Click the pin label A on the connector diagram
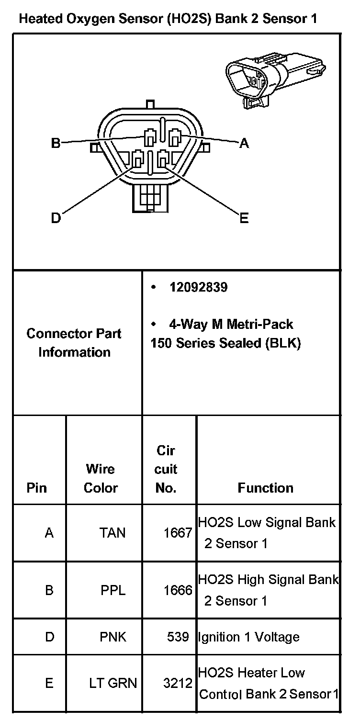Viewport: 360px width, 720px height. coord(244,143)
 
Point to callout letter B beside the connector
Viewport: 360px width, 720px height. coord(56,143)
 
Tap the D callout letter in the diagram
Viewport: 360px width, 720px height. coord(56,218)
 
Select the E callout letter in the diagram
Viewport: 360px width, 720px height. coord(244,218)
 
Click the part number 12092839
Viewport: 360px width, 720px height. coord(198,287)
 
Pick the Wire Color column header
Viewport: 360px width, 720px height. coord(101,478)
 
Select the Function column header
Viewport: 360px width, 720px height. coord(265,488)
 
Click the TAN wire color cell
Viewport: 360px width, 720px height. coord(112,532)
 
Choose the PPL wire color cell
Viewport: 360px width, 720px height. coord(113,590)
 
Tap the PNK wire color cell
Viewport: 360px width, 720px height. coord(113,637)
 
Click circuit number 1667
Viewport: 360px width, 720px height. coord(178,532)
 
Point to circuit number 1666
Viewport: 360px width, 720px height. coord(178,590)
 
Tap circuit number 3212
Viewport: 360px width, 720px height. coord(178,683)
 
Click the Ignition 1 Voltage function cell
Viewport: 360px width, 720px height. coord(248,637)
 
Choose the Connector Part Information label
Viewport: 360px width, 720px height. coord(74,343)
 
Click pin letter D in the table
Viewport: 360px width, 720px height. coord(49,637)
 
